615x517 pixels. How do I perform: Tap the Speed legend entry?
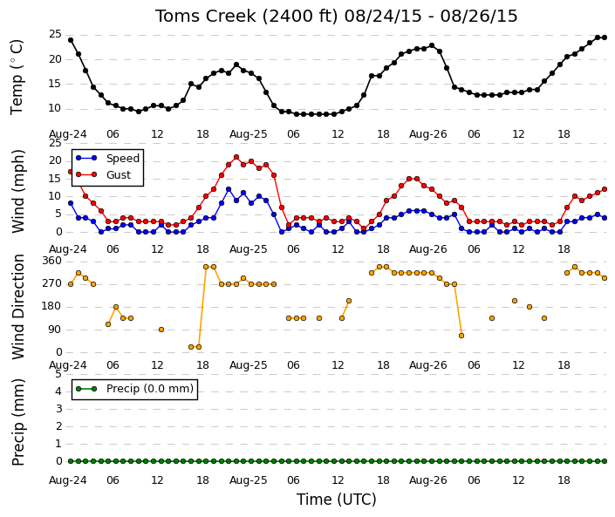pyautogui.click(x=123, y=159)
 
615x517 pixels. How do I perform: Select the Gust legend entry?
pyautogui.click(x=119, y=175)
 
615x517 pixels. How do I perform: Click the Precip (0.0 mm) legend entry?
pyautogui.click(x=150, y=389)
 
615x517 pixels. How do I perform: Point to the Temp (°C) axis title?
pyautogui.click(x=17, y=77)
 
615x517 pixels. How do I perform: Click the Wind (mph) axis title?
pyautogui.click(x=18, y=191)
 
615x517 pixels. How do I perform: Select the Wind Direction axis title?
pyautogui.click(x=18, y=307)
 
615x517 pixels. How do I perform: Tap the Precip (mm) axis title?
pyautogui.click(x=18, y=422)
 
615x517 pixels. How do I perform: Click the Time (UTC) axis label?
pyautogui.click(x=336, y=500)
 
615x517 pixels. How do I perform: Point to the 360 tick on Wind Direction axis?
pyautogui.click(x=52, y=261)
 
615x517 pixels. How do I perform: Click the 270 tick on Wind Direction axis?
pyautogui.click(x=52, y=283)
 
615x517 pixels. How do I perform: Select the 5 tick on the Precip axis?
pyautogui.click(x=58, y=374)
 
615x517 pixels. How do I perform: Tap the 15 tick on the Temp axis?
pyautogui.click(x=55, y=84)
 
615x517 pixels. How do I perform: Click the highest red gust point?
pyautogui.click(x=236, y=157)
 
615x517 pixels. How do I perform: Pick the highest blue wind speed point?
pyautogui.click(x=229, y=189)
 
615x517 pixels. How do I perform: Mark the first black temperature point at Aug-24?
pyautogui.click(x=71, y=40)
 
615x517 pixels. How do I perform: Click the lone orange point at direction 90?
pyautogui.click(x=161, y=330)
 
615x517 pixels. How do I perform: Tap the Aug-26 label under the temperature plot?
pyautogui.click(x=428, y=134)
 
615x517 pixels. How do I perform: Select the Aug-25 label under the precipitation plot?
pyautogui.click(x=249, y=480)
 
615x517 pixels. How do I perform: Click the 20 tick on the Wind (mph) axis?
pyautogui.click(x=55, y=160)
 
